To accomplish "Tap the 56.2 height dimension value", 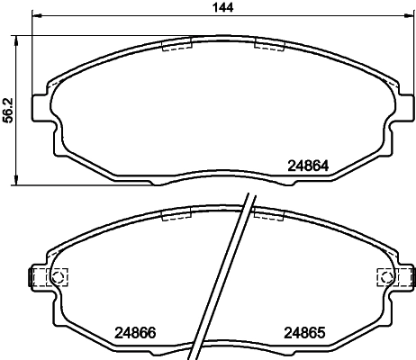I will coord(8,109).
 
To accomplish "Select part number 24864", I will coord(308,165).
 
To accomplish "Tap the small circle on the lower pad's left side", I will coord(60,276).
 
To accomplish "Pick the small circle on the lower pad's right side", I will coord(383,276).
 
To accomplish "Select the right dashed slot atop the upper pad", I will coord(269,45).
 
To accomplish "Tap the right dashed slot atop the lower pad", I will coord(269,214).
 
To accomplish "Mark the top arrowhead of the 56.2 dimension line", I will coord(20,39).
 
